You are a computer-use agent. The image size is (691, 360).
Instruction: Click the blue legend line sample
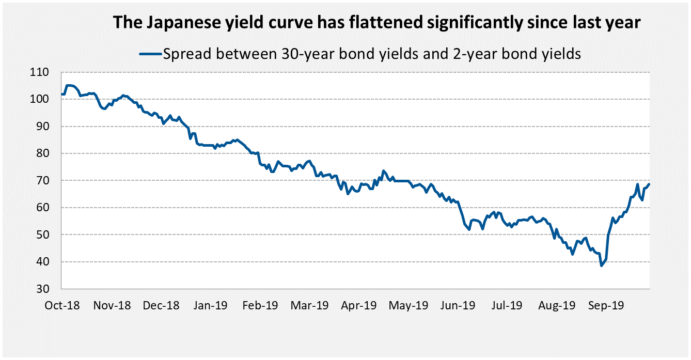150,54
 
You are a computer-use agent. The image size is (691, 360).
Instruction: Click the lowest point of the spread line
601,265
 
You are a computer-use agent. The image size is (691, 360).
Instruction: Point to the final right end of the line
649,184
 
